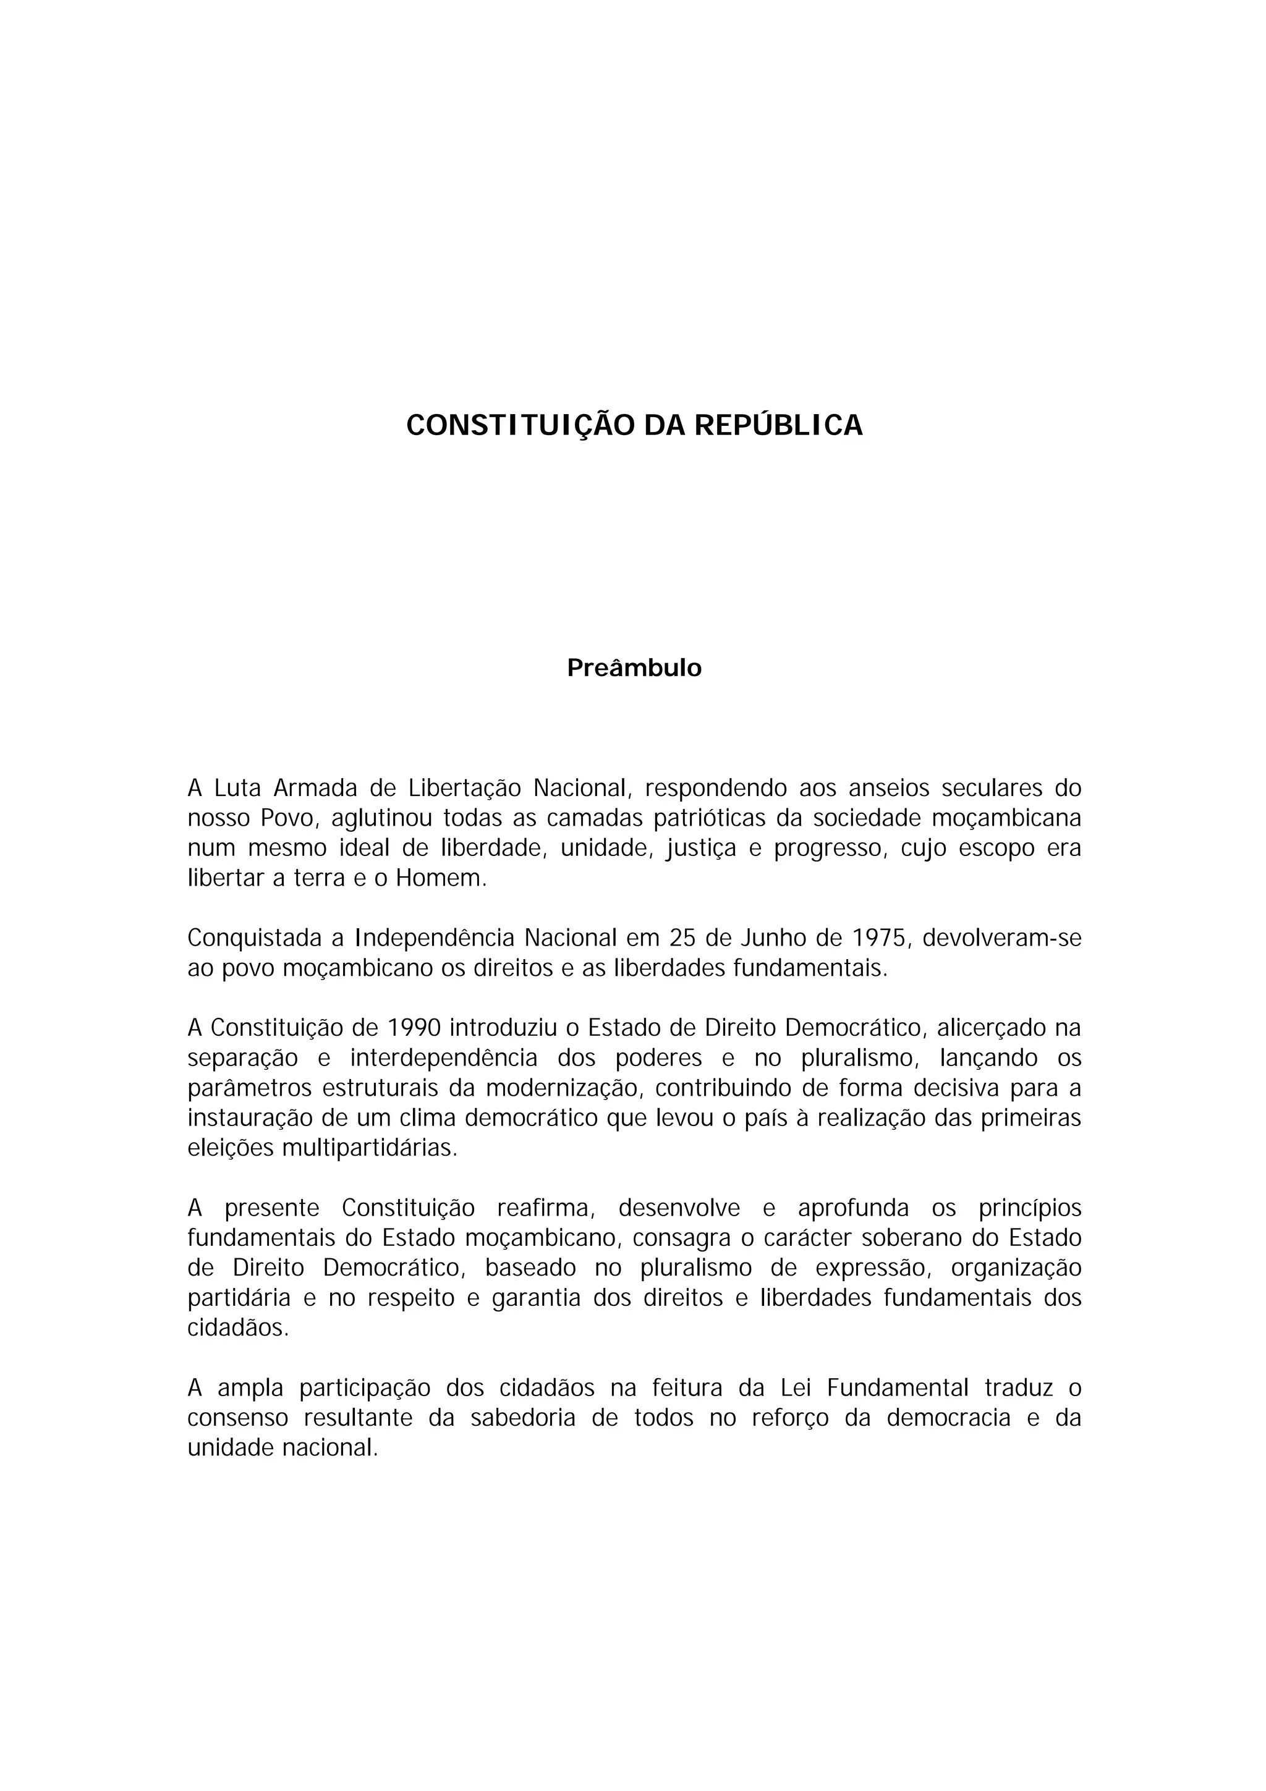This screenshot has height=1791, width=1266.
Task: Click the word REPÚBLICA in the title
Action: [x=778, y=426]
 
